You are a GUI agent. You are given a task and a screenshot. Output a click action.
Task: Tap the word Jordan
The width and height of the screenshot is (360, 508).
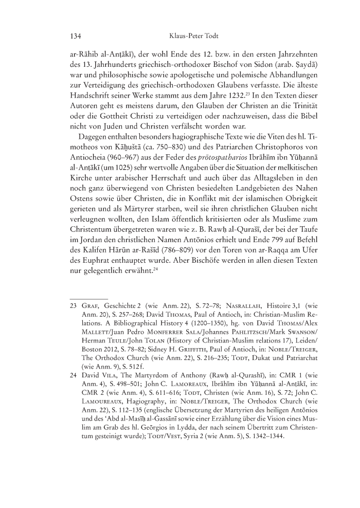pyautogui.click(x=85, y=248)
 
